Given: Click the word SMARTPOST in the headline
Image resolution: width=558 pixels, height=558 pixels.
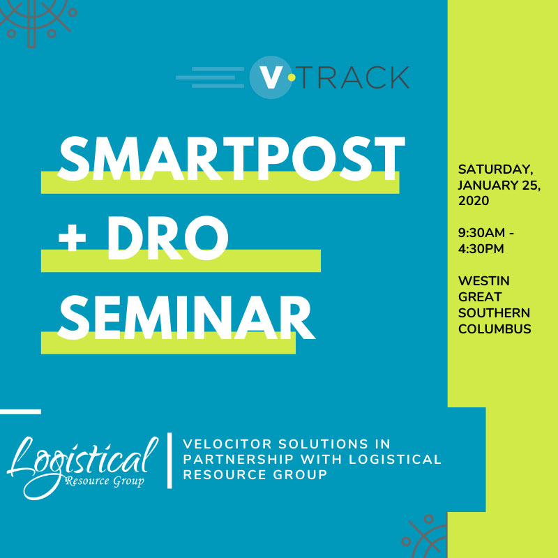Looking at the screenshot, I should [x=230, y=160].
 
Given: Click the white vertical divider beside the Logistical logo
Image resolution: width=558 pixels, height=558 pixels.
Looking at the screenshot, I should [x=169, y=460].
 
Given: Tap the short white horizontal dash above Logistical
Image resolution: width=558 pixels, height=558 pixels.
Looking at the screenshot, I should [x=20, y=412].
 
